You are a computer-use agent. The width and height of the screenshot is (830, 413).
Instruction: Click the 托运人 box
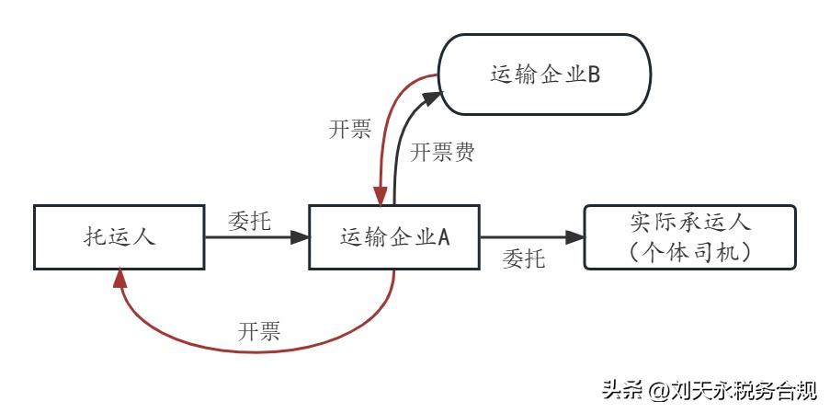117,236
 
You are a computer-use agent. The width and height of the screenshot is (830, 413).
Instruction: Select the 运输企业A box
393,236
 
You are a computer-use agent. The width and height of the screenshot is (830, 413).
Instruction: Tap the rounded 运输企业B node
544,75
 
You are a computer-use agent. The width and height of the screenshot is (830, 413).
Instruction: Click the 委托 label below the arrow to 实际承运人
524,259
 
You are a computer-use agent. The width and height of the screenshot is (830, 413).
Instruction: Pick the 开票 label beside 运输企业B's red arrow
349,129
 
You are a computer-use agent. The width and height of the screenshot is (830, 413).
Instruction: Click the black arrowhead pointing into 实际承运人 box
576,236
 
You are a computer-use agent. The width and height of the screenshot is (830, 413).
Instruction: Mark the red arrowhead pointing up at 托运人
118,278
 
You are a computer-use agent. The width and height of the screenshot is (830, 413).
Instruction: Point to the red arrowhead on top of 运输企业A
379,196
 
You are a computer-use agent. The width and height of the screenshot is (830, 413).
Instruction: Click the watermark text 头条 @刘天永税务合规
709,391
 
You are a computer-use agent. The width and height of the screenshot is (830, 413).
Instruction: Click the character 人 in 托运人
143,236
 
